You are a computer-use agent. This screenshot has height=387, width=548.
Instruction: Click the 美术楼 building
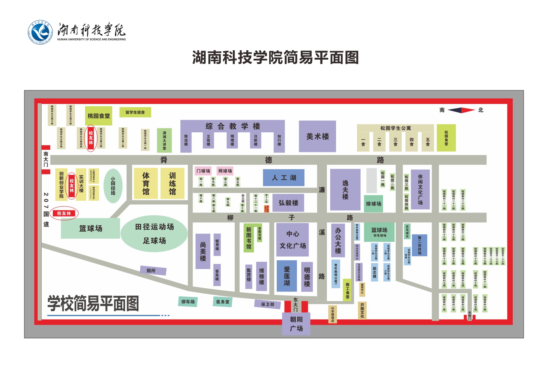(317, 136)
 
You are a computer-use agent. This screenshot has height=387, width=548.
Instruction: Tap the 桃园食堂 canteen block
(98, 116)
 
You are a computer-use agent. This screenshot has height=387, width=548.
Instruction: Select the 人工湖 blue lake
(284, 178)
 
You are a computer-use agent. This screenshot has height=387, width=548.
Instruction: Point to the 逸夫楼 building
(345, 190)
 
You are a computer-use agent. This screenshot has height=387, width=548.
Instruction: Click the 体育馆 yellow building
(146, 184)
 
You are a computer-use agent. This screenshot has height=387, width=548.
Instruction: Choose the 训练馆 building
(172, 184)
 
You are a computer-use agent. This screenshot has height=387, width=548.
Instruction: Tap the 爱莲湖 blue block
(287, 276)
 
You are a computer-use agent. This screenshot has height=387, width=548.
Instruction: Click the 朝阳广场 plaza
(296, 324)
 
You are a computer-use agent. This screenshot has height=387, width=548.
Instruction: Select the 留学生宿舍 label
(135, 112)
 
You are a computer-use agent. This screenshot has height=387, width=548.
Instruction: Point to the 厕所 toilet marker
(152, 271)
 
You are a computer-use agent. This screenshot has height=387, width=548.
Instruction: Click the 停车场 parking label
(188, 302)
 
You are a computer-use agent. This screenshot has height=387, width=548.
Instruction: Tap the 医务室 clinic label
(223, 302)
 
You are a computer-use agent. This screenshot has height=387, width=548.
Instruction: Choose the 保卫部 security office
(268, 304)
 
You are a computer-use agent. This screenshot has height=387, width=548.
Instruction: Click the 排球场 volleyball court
(373, 204)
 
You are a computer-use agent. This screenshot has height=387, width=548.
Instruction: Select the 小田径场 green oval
(113, 186)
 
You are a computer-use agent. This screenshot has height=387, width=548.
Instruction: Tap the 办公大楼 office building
(338, 240)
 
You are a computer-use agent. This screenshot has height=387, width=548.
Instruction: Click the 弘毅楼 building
(288, 203)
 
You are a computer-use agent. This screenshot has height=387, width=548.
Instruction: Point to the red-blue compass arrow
(461, 110)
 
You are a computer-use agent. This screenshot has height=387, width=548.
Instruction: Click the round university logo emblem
(40, 32)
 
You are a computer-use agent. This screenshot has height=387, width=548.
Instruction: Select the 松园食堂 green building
(446, 138)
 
